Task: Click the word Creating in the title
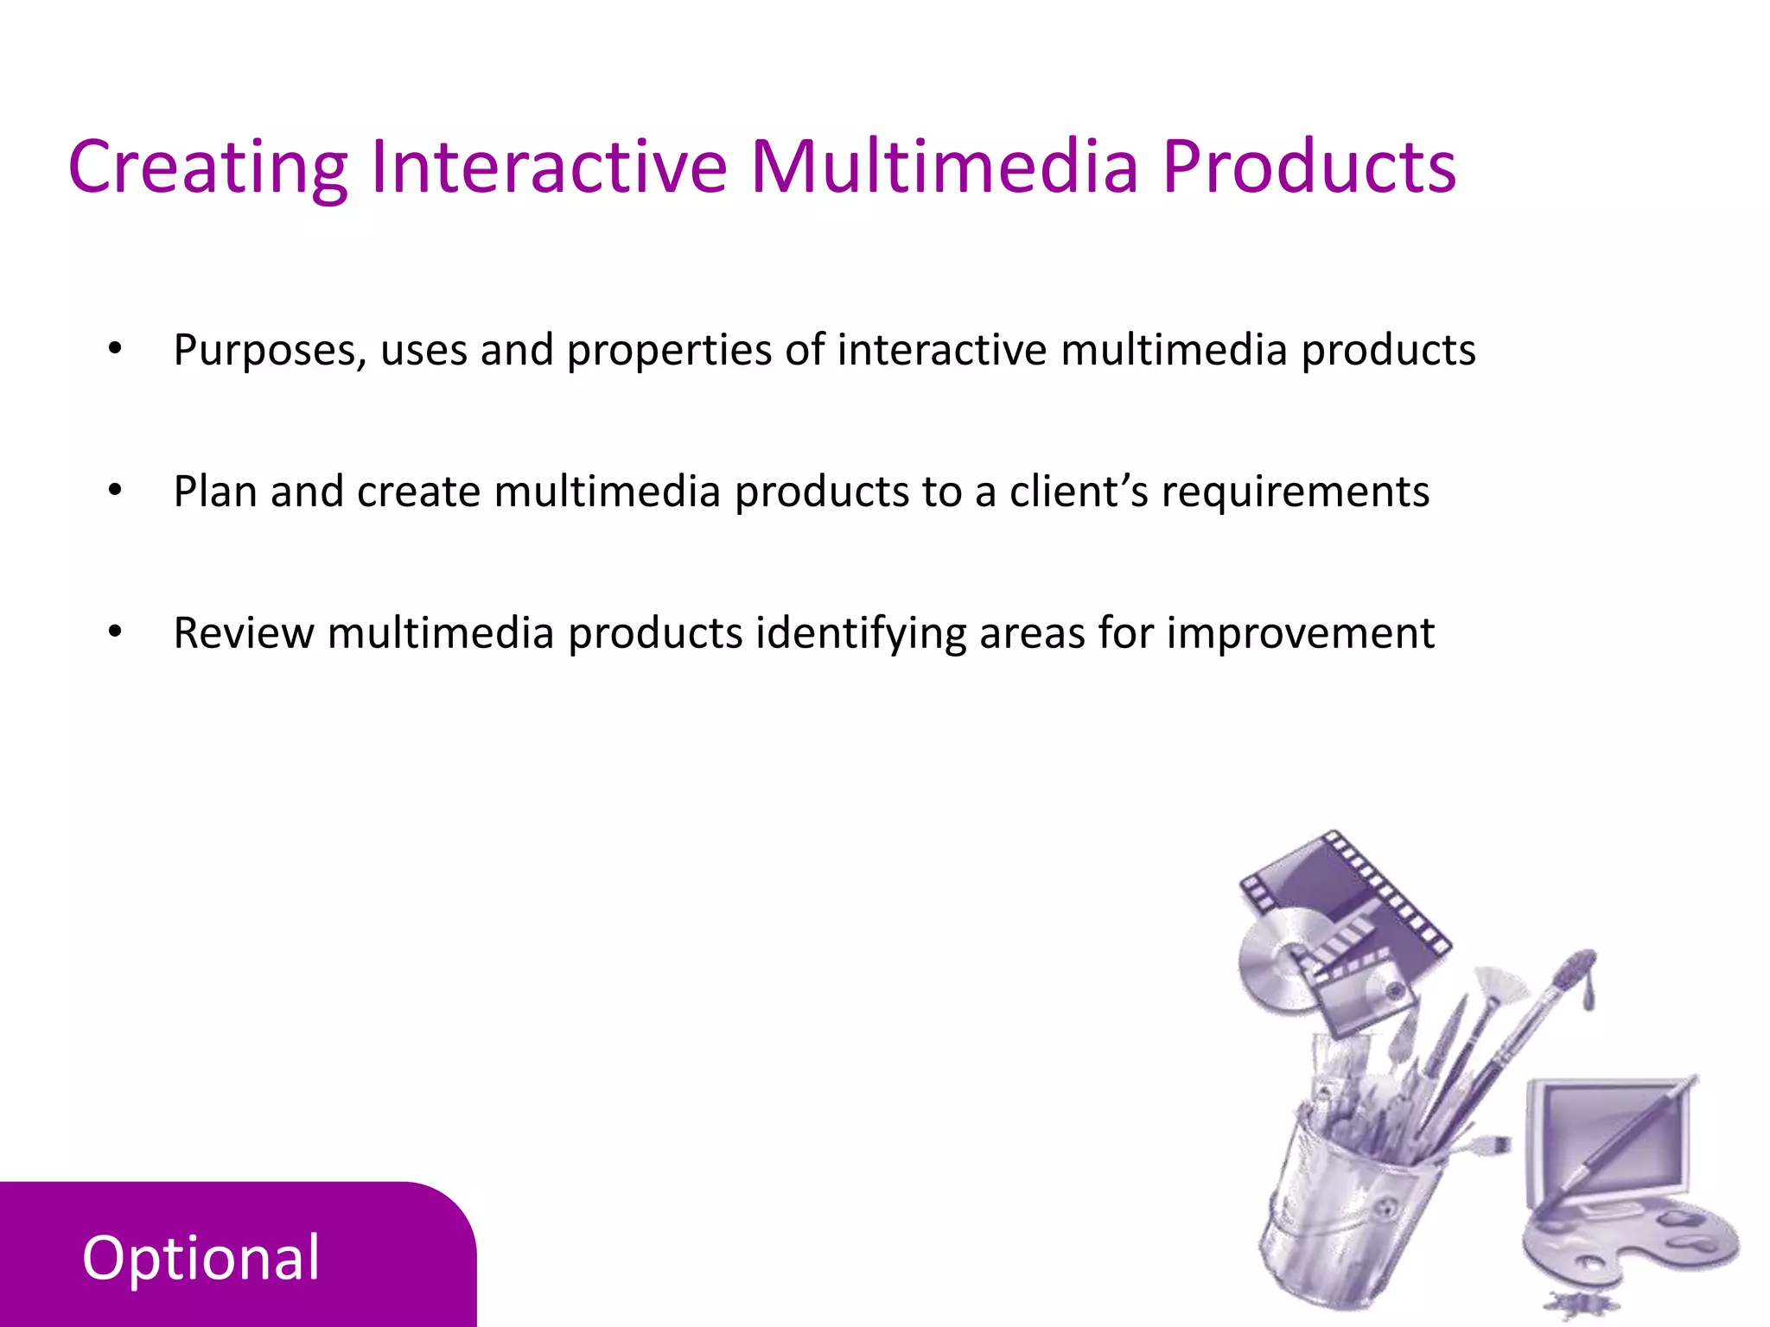click(x=207, y=168)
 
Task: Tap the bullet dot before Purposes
click(x=115, y=350)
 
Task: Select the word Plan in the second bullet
click(x=215, y=492)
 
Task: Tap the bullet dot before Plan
click(x=115, y=492)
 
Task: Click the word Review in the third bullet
click(x=244, y=633)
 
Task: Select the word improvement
click(x=1300, y=633)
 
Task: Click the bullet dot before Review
click(x=115, y=632)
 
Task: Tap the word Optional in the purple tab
click(x=201, y=1259)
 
